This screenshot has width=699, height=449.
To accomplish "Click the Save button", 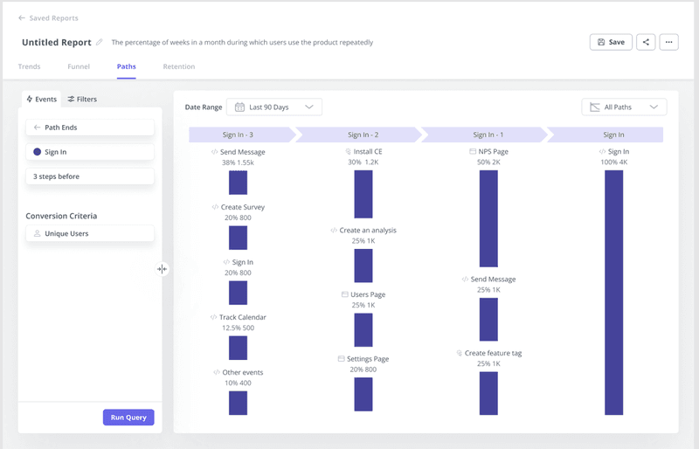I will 611,42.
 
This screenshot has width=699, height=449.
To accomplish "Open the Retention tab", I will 178,66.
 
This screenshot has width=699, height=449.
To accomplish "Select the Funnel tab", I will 79,66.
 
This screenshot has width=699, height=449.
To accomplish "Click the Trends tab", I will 29,66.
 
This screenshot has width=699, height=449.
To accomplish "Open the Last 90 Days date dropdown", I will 273,107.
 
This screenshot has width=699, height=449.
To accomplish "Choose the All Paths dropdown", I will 624,107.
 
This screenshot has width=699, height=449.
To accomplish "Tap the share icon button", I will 646,42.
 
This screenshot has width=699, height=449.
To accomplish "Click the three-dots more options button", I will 668,42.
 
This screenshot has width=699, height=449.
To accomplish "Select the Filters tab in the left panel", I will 82,100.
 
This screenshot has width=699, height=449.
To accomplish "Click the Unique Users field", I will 90,234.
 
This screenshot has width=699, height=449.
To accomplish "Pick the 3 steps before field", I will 90,176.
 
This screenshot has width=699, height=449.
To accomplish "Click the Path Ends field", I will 90,128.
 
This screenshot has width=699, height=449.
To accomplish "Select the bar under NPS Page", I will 488,218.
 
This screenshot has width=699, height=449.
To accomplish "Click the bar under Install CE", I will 363,194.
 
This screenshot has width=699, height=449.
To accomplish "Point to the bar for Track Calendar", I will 238,348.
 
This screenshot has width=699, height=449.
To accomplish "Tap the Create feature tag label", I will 493,353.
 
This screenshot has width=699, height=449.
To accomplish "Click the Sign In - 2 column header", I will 363,135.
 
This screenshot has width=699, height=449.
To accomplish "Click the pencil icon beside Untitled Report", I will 100,42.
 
